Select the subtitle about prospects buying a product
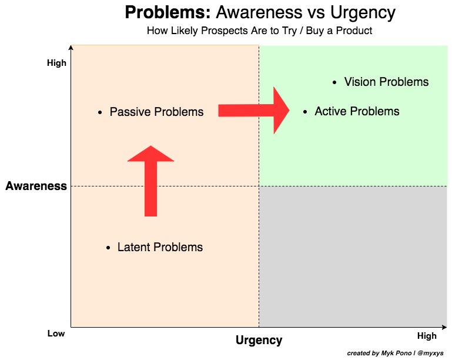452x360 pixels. coord(259,31)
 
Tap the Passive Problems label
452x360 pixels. coord(156,112)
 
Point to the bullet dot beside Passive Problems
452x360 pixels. coord(101,112)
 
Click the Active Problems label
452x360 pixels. coord(357,111)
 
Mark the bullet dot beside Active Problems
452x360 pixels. coord(304,111)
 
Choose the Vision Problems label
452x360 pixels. coord(386,82)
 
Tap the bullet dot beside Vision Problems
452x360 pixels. coord(334,82)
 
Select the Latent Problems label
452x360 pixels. coord(160,248)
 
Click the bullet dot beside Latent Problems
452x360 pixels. coord(108,248)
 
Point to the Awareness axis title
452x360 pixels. coord(36,186)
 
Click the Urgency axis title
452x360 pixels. coord(259,340)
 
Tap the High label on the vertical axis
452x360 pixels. coord(57,63)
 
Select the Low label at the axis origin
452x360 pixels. coord(56,334)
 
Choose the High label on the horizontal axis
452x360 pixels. coord(427,336)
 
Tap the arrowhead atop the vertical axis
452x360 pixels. coord(71,48)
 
